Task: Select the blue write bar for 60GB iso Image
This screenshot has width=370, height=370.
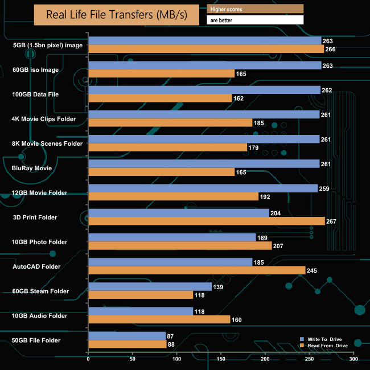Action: [205, 65]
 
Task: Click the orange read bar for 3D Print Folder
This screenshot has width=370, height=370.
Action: [207, 221]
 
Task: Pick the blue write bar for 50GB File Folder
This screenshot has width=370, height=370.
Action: [127, 336]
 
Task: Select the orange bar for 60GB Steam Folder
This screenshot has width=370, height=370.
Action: [141, 295]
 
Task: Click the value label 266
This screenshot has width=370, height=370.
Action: [331, 49]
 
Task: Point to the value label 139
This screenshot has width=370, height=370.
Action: [218, 287]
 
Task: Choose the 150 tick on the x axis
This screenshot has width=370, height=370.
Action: [221, 359]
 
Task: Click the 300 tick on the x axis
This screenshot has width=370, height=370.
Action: [353, 359]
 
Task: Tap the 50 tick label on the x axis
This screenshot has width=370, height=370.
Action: [133, 359]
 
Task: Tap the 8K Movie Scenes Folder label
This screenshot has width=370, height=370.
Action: [48, 143]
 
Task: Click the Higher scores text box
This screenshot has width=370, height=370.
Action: [255, 9]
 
